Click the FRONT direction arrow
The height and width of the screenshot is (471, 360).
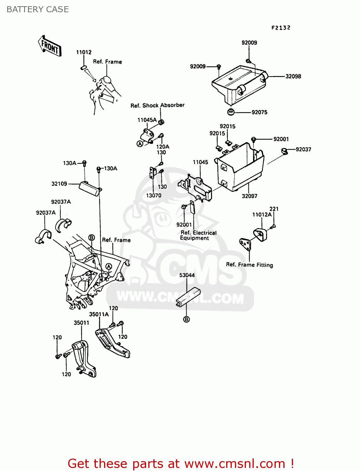coord(50,46)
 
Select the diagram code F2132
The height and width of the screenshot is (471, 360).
coord(281,28)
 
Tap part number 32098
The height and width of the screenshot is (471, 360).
coord(293,76)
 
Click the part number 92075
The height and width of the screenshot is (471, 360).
coord(259,112)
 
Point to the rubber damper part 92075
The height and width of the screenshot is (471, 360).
coord(231,111)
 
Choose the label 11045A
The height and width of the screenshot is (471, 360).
coord(147,120)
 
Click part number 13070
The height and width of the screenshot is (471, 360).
coord(154,196)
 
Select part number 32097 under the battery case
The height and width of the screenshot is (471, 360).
coord(249,196)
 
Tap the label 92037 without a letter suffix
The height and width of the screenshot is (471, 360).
coord(303,149)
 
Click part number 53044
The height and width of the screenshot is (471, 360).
coord(187,275)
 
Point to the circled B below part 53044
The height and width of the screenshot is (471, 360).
coord(186,319)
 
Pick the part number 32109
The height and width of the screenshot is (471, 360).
coord(59,184)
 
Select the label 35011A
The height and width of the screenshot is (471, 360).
coord(99,314)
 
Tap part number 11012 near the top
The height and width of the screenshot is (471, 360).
coord(84,52)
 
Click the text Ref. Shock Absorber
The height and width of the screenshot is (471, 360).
coord(157,105)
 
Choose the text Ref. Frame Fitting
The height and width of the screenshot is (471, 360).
coord(249,265)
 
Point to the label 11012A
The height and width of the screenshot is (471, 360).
coord(262,215)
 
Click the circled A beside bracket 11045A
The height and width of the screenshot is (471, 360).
coord(140,144)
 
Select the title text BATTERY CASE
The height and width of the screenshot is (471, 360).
coord(38,9)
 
